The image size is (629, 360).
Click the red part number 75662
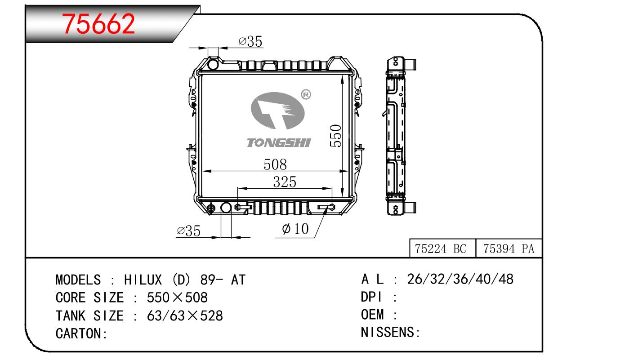pyautogui.click(x=98, y=24)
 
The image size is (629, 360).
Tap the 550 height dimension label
pyautogui.click(x=335, y=136)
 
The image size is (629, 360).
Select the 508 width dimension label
pyautogui.click(x=275, y=164)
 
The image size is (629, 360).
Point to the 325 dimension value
pyautogui.click(x=285, y=182)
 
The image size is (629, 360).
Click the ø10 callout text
pyautogui.click(x=295, y=229)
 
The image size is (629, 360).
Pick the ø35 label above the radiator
pyautogui.click(x=250, y=41)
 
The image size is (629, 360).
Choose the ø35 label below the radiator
pyautogui.click(x=189, y=231)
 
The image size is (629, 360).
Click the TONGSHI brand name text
pyautogui.click(x=279, y=143)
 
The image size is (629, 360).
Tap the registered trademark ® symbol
pyautogui.click(x=306, y=94)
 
